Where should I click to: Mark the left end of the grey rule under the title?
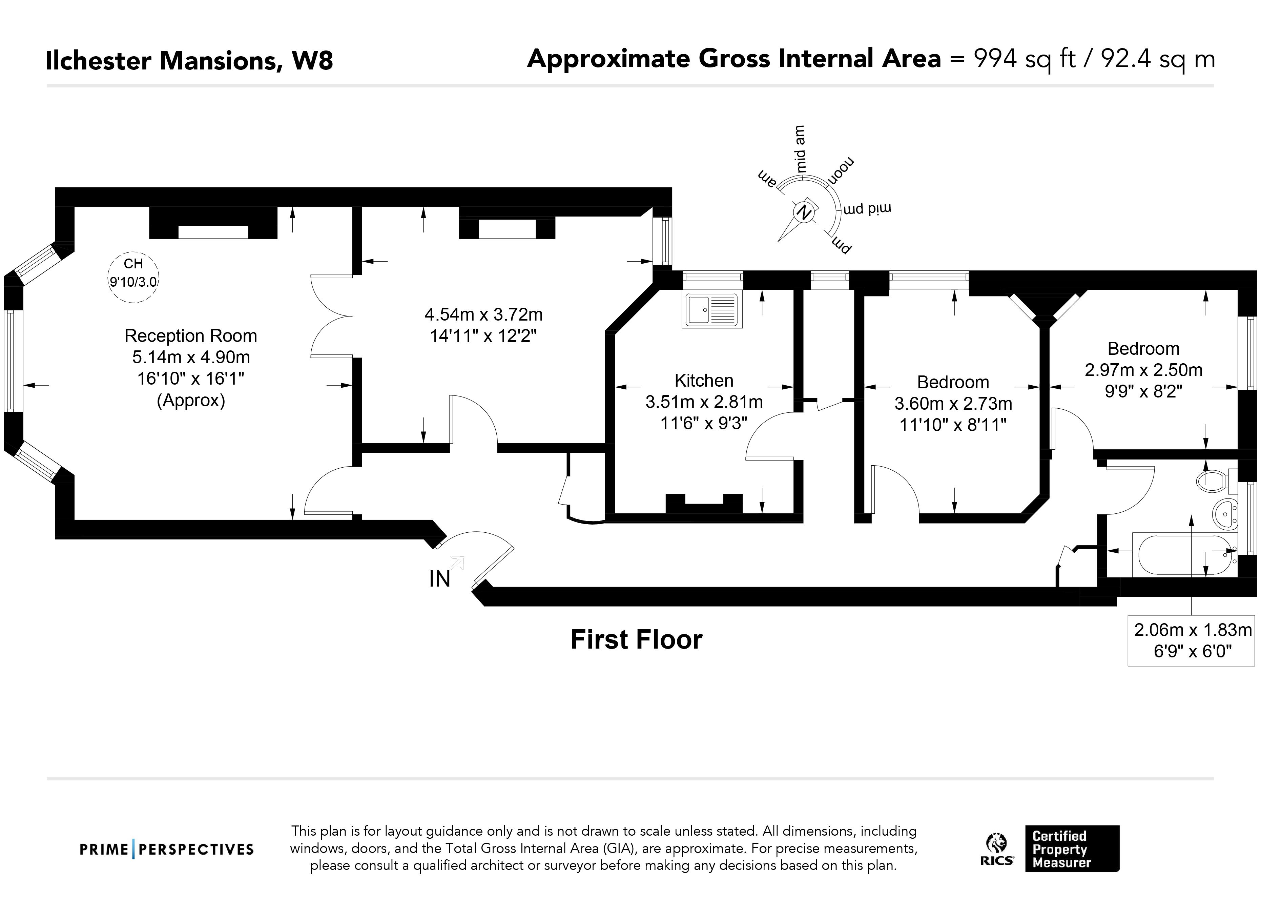click(x=47, y=86)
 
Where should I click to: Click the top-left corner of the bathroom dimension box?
click(x=1128, y=615)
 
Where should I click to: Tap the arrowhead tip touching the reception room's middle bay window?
click(x=23, y=385)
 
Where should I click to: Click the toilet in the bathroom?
click(x=1215, y=481)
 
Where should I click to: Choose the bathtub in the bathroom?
click(x=1185, y=555)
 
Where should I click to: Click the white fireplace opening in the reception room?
click(x=213, y=232)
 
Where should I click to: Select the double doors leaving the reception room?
click(x=332, y=316)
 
